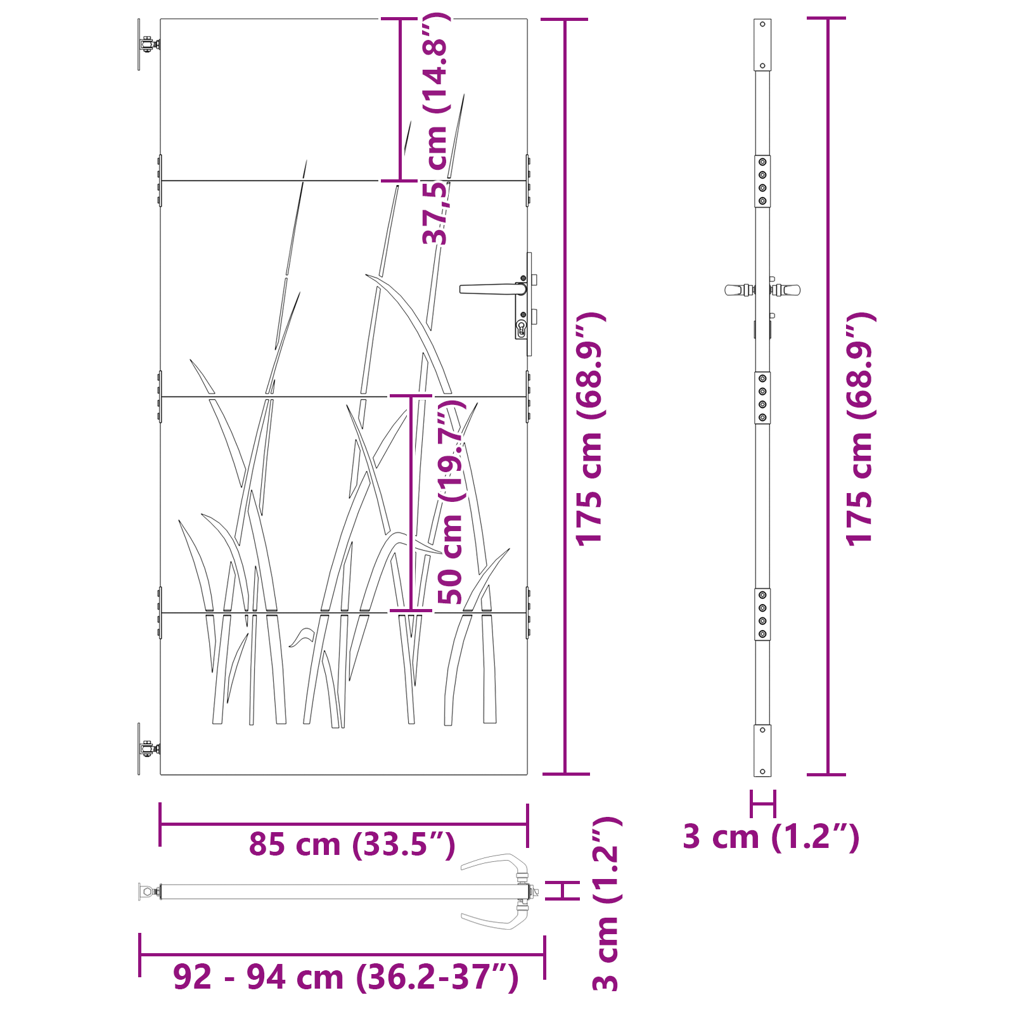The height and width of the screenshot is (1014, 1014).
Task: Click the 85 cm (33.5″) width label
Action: [x=352, y=844]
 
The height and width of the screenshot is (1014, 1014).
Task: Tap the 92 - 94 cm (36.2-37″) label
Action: [x=346, y=977]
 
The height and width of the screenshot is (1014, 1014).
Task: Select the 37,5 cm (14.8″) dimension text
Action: [x=437, y=129]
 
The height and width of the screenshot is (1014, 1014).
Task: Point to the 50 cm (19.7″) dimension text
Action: [x=451, y=501]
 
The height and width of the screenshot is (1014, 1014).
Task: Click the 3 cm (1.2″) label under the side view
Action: [x=771, y=837]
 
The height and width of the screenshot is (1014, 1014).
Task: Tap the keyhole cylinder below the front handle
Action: [x=522, y=328]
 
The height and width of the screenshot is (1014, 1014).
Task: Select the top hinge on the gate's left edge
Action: [x=148, y=44]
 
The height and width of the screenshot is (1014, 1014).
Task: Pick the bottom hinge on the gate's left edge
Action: [x=148, y=748]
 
